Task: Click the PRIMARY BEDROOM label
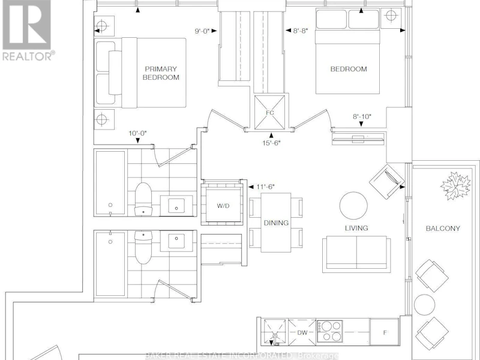161,73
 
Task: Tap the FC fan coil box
269,112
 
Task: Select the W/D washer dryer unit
223,205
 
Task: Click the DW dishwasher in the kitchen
302,332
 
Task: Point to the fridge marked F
385,332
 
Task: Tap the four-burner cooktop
329,331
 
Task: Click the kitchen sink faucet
274,338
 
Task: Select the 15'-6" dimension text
271,143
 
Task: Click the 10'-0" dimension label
137,133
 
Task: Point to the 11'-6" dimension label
265,187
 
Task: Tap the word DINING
276,223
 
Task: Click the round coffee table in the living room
353,206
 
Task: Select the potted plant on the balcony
455,186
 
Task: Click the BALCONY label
443,229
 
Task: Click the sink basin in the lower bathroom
176,241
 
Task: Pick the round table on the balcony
425,305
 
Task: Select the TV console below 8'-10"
358,139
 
